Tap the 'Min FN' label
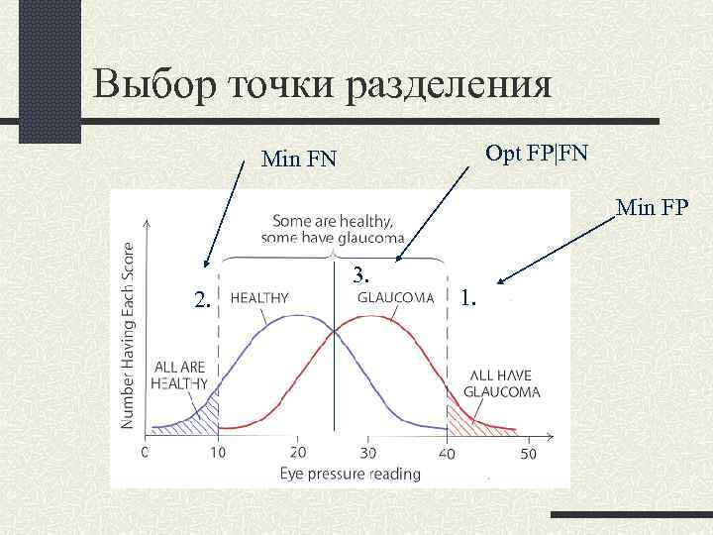[x=298, y=158]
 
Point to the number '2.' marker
[x=201, y=300]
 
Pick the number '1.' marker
[x=471, y=296]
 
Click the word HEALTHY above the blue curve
[x=259, y=296]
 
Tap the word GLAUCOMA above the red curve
[x=395, y=296]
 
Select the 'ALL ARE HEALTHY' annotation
[x=179, y=374]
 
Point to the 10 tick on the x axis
[x=217, y=453]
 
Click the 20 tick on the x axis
[x=294, y=453]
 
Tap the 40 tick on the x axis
[x=448, y=453]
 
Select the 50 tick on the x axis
[x=527, y=453]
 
